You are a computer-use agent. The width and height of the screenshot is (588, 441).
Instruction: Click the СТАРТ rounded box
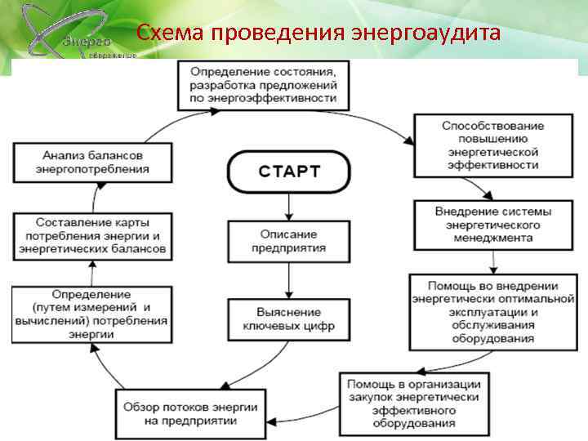click(x=290, y=171)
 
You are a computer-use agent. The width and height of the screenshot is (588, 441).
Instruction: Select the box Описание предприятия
click(x=287, y=241)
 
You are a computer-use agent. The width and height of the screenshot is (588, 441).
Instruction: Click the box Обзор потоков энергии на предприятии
click(x=191, y=413)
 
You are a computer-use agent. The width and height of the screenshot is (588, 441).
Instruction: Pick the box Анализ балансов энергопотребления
click(x=92, y=162)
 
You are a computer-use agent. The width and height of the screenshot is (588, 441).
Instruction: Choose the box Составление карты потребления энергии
click(x=92, y=234)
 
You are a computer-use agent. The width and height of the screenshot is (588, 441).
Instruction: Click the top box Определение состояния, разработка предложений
click(x=263, y=86)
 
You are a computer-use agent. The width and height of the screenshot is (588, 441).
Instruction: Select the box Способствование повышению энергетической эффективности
click(x=492, y=145)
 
